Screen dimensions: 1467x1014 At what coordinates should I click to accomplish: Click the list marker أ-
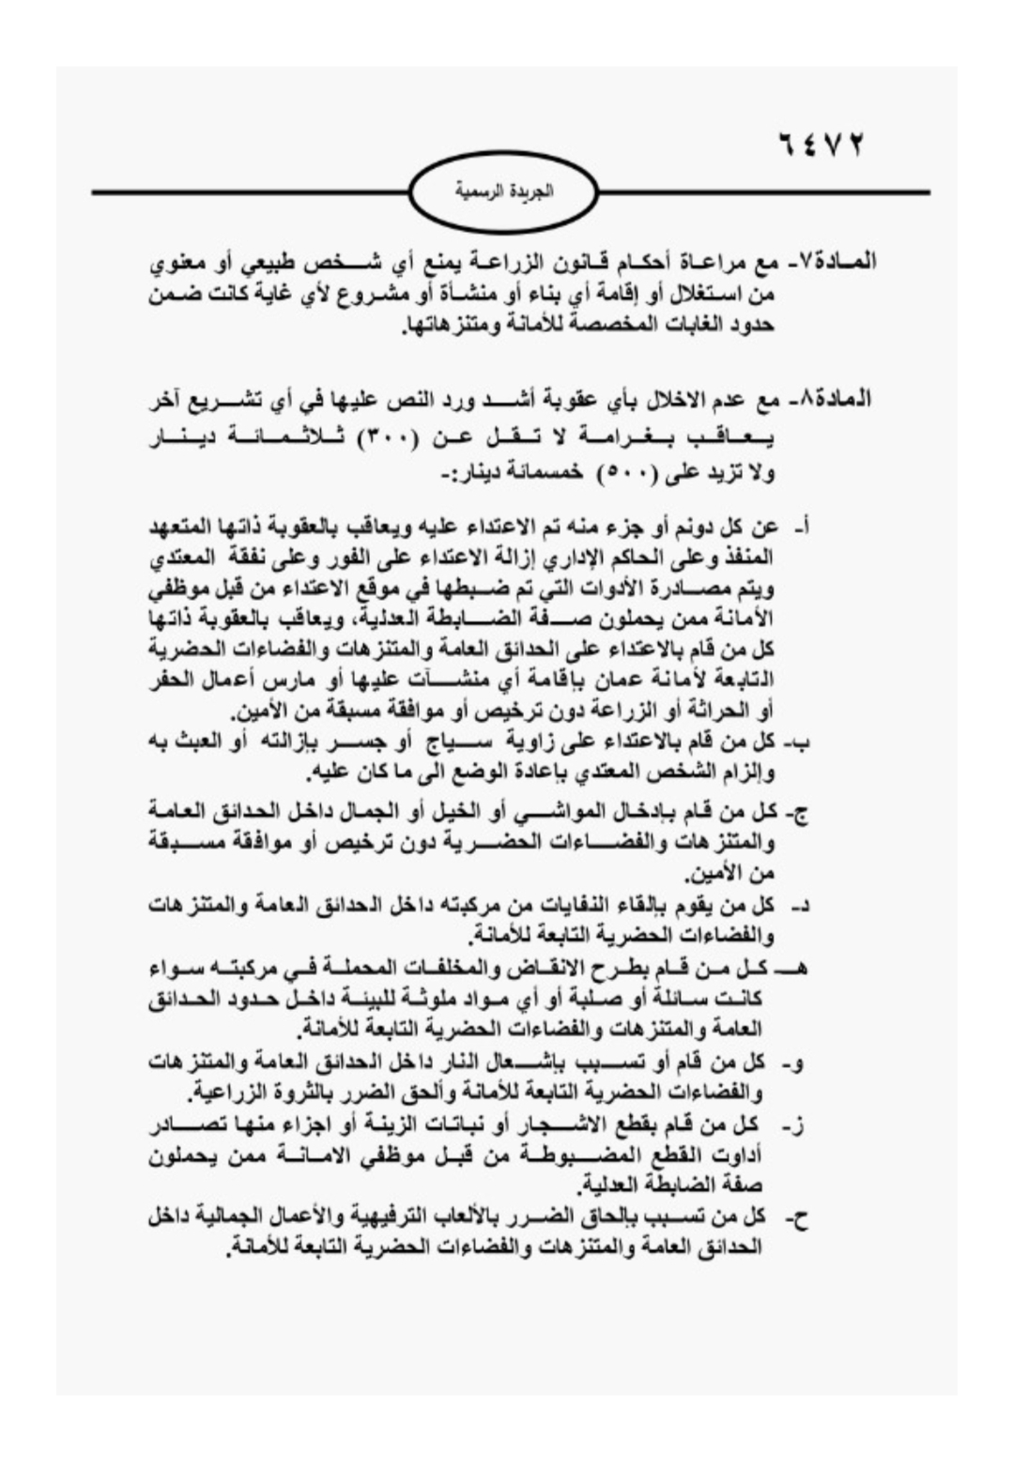(x=801, y=527)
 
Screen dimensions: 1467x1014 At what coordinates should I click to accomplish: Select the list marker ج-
(x=799, y=812)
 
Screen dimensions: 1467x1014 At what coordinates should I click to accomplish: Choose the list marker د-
(x=801, y=906)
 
